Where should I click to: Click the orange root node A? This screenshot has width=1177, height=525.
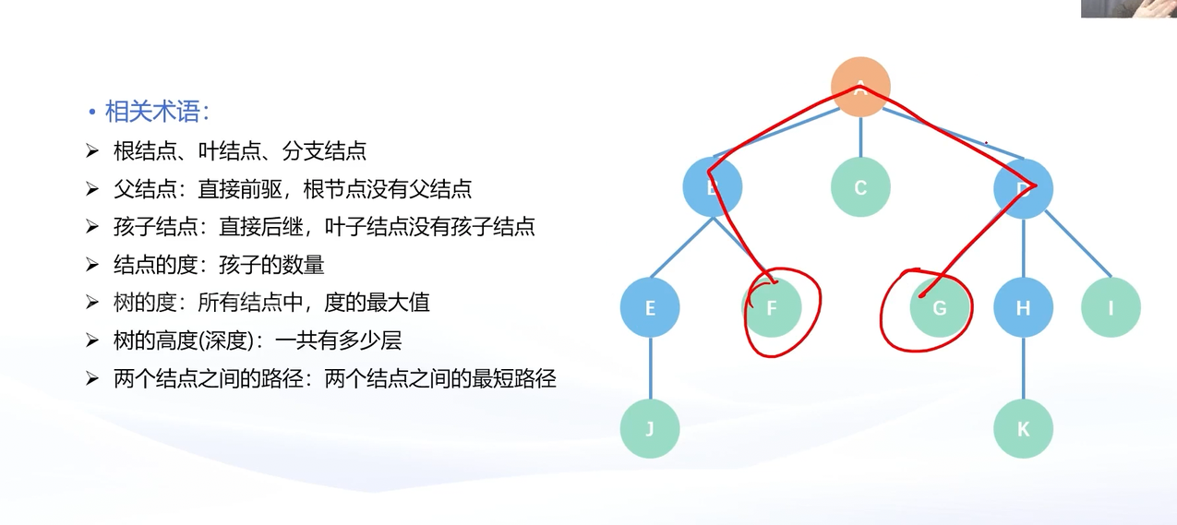click(x=860, y=87)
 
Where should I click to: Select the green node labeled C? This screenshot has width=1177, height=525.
click(x=860, y=188)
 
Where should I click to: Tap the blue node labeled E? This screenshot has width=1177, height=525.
click(x=650, y=307)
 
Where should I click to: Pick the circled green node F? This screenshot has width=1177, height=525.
click(x=773, y=307)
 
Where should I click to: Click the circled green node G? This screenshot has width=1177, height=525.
click(x=940, y=307)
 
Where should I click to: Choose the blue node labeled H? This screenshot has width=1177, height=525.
click(x=1023, y=307)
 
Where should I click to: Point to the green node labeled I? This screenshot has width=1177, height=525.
click(x=1111, y=307)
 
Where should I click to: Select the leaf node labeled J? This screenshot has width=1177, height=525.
click(x=650, y=428)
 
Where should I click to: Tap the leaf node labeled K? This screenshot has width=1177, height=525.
click(x=1023, y=428)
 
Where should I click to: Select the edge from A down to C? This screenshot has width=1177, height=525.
click(x=860, y=137)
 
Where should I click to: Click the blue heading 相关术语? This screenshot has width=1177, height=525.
click(x=157, y=113)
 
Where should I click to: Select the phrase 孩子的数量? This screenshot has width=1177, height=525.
click(x=271, y=265)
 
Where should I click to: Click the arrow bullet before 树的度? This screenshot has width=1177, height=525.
click(x=91, y=303)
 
